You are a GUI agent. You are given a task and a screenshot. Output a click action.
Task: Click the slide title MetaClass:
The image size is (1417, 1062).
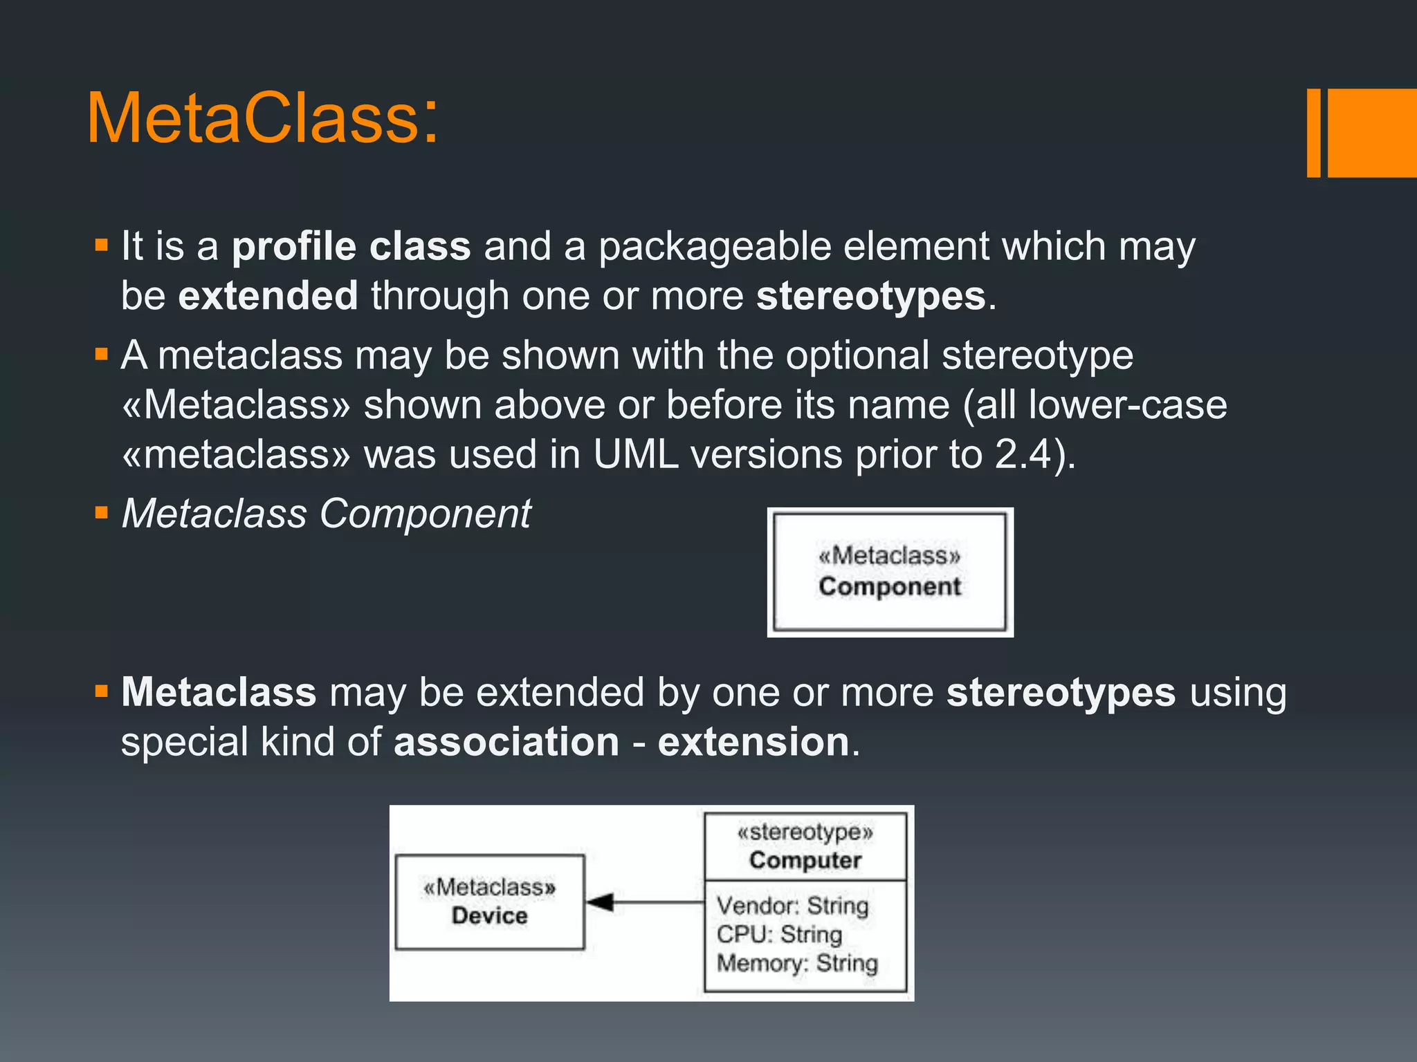point(262,119)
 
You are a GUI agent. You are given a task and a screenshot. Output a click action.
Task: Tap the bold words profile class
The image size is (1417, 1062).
point(351,247)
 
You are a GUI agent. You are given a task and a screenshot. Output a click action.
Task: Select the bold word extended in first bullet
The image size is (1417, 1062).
point(268,296)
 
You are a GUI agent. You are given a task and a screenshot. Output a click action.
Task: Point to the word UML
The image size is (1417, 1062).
point(635,455)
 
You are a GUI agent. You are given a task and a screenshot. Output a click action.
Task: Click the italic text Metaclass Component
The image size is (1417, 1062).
point(326,514)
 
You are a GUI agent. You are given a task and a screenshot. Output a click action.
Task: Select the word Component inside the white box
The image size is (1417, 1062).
point(890,587)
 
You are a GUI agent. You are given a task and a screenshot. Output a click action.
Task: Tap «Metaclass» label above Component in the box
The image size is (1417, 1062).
point(890,555)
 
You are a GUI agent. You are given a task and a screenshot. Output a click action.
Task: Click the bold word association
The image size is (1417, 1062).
point(506,742)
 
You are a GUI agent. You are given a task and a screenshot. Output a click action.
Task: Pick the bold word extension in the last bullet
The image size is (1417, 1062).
point(753,742)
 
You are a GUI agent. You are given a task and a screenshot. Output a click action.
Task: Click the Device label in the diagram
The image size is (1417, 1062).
point(489,916)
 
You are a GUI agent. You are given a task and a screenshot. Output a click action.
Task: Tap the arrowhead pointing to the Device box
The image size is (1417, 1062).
point(599,902)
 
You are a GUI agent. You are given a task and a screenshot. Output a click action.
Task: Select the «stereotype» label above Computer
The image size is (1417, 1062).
point(805,832)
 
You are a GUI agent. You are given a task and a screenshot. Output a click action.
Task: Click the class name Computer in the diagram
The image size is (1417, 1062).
point(805,861)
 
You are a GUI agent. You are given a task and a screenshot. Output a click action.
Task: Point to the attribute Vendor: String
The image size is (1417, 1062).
point(792,906)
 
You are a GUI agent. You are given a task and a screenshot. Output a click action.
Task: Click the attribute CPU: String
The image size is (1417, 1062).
point(779,935)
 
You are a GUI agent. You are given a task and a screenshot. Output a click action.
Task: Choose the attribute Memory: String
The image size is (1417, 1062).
point(797,963)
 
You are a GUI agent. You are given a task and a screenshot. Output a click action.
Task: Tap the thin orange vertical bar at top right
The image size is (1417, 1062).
point(1313,133)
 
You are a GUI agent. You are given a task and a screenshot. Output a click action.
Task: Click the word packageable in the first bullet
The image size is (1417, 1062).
point(714,247)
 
